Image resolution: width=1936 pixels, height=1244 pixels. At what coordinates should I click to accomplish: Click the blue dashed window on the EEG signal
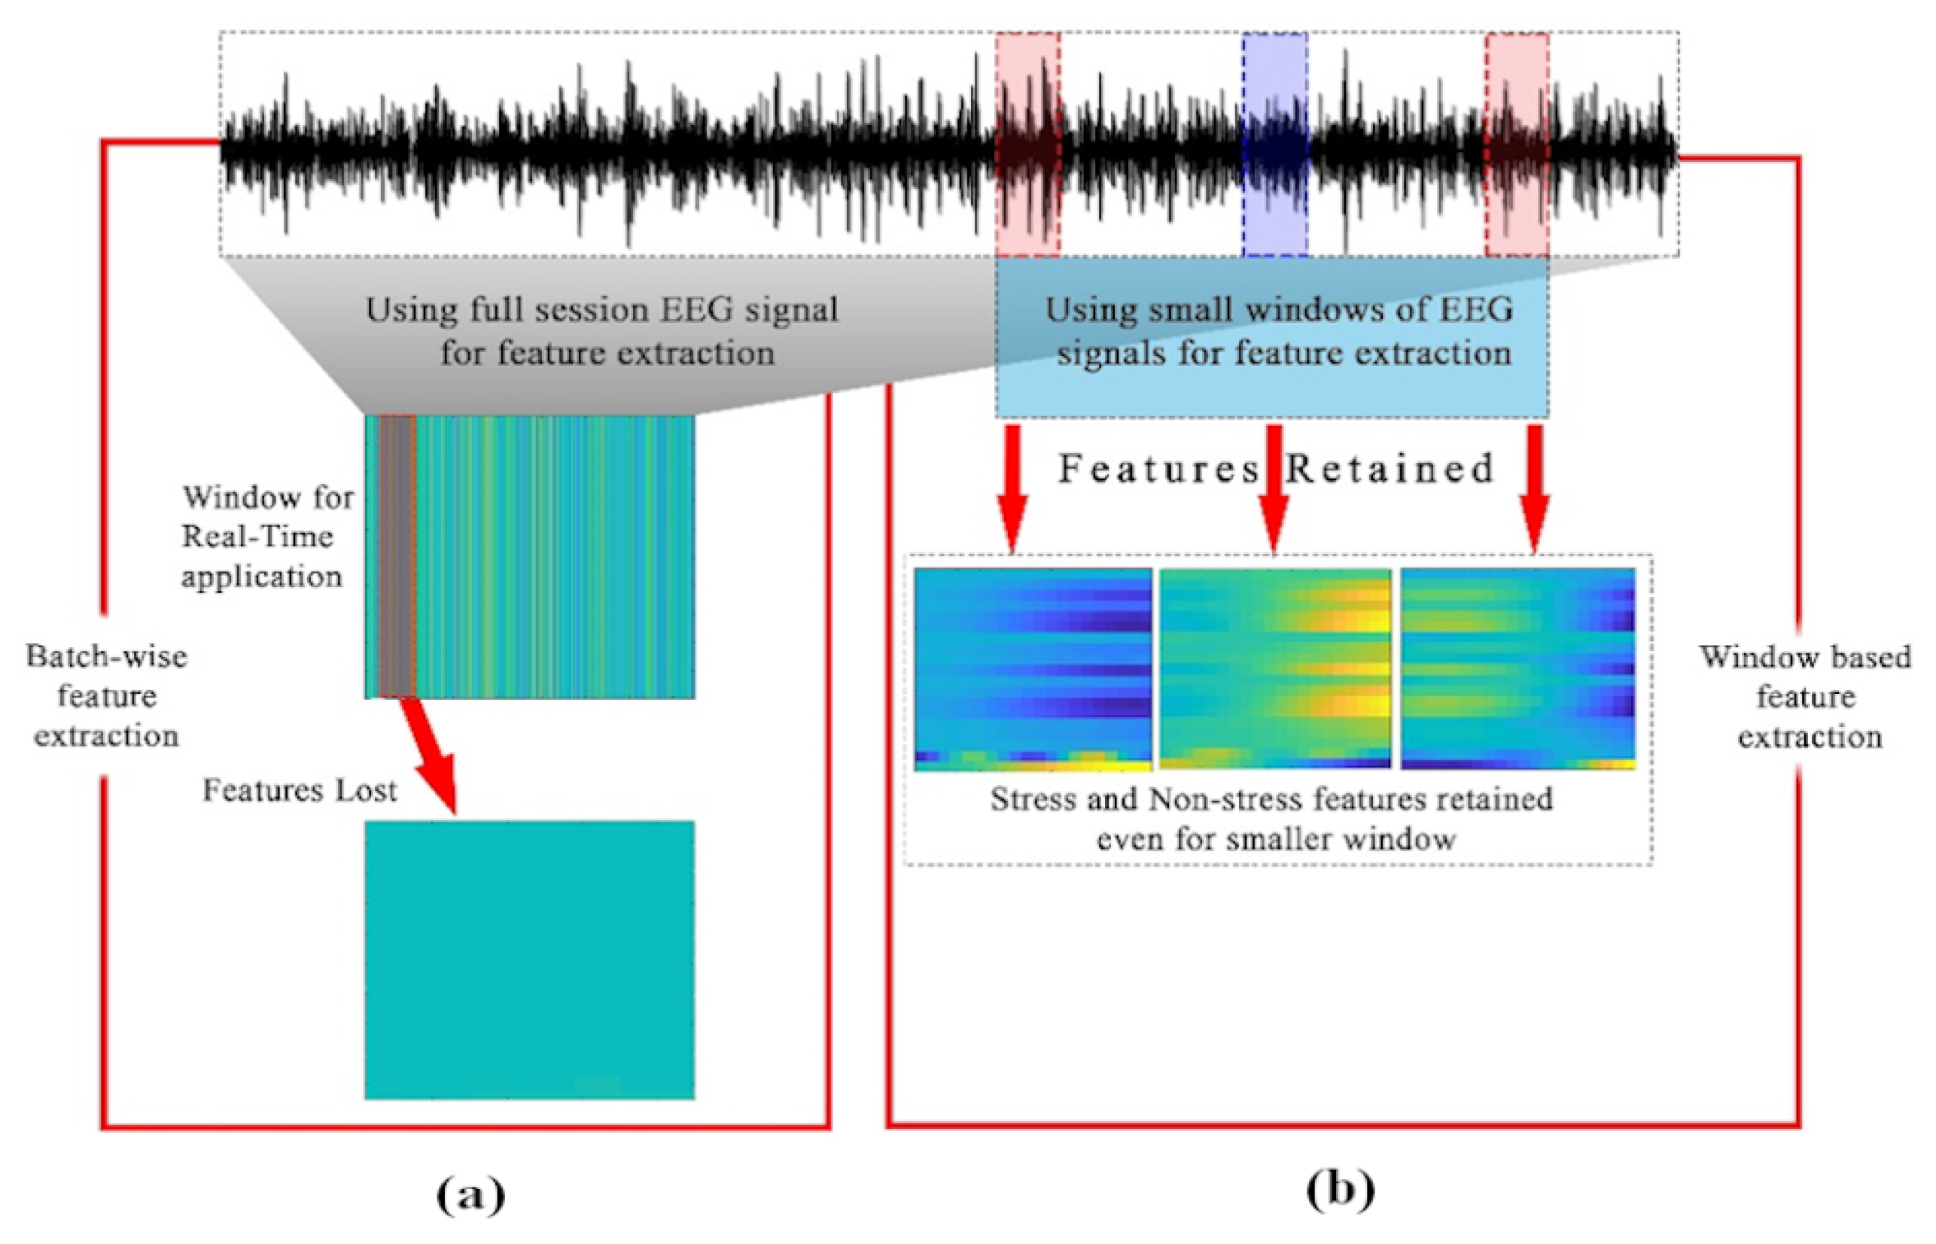tap(1274, 145)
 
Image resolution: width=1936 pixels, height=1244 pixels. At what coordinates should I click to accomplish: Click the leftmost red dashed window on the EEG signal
tap(1027, 145)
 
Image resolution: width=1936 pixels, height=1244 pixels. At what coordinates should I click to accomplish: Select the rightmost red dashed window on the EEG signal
tap(1517, 145)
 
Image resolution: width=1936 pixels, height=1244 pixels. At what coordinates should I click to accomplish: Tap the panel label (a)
tap(470, 1193)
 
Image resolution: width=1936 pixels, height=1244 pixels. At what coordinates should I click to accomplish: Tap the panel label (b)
tap(1340, 1188)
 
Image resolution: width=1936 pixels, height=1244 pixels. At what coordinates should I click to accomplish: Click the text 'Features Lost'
tap(299, 790)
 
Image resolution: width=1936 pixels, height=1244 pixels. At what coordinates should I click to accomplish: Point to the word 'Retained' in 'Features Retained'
tap(1390, 469)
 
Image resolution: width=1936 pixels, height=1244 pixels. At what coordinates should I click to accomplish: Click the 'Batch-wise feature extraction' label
tap(106, 695)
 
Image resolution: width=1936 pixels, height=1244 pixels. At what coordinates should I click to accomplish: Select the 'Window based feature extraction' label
tap(1806, 696)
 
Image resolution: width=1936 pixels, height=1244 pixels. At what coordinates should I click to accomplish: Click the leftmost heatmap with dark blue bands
tap(1033, 669)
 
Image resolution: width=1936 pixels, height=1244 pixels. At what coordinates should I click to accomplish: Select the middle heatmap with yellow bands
tap(1275, 669)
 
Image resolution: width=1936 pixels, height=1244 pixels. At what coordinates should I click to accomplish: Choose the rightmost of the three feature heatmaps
tap(1517, 669)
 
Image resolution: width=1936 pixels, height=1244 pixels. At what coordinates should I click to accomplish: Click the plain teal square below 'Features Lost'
tap(529, 960)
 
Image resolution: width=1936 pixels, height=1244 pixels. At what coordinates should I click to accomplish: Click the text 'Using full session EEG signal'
tap(602, 310)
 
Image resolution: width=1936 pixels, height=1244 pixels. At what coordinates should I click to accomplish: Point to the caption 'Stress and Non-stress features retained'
tap(1271, 800)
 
